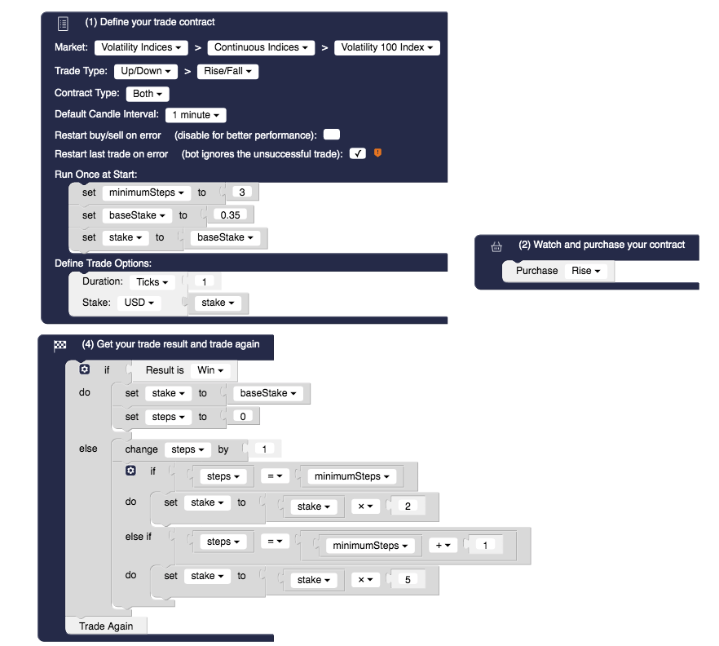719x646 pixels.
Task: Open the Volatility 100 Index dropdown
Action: click(386, 47)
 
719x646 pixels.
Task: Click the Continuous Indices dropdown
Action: click(261, 47)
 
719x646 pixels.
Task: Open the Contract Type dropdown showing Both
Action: click(148, 94)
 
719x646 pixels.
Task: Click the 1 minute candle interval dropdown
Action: click(196, 115)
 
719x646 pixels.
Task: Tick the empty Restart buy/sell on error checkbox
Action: click(332, 135)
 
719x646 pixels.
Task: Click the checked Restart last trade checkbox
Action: click(357, 153)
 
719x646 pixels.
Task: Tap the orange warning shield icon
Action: click(377, 153)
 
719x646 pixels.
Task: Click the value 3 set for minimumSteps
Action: click(242, 192)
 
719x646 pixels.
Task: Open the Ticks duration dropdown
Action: click(152, 281)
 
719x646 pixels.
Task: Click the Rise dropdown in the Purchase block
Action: click(586, 271)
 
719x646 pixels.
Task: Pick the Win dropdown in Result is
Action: click(210, 370)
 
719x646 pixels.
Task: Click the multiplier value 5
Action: click(408, 580)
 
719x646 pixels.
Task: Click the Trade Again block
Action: click(106, 626)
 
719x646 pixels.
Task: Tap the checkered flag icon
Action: click(60, 345)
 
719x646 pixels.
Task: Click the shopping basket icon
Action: click(496, 246)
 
